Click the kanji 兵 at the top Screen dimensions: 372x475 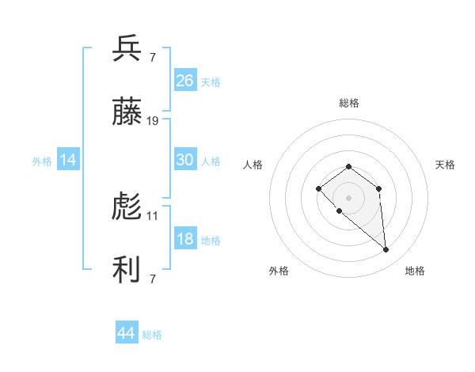pyautogui.click(x=127, y=49)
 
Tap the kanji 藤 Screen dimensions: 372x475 pyautogui.click(x=127, y=114)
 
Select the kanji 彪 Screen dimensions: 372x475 pyautogui.click(x=127, y=208)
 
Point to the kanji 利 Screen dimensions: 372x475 pyautogui.click(x=127, y=271)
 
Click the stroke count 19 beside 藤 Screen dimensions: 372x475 pyautogui.click(x=153, y=121)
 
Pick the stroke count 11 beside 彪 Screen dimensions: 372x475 pyautogui.click(x=153, y=215)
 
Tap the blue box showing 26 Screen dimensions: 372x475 pyautogui.click(x=185, y=81)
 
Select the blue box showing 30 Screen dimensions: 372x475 pyautogui.click(x=185, y=160)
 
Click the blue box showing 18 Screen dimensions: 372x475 pyautogui.click(x=185, y=239)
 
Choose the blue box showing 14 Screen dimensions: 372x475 pyautogui.click(x=68, y=160)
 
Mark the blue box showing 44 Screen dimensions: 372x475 pyautogui.click(x=126, y=333)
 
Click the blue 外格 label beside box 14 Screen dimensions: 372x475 pyautogui.click(x=42, y=161)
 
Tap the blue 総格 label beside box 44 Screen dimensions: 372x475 pyautogui.click(x=152, y=335)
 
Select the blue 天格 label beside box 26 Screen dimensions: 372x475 pyautogui.click(x=211, y=82)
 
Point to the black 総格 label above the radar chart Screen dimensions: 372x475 pyautogui.click(x=349, y=103)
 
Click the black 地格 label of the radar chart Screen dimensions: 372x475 pyautogui.click(x=415, y=271)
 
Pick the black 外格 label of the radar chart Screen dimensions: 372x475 pyautogui.click(x=279, y=271)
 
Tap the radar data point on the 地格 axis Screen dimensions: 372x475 pyautogui.click(x=386, y=250)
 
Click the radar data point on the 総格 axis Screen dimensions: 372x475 pyautogui.click(x=349, y=166)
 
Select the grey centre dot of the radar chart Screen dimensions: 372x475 pyautogui.click(x=349, y=198)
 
